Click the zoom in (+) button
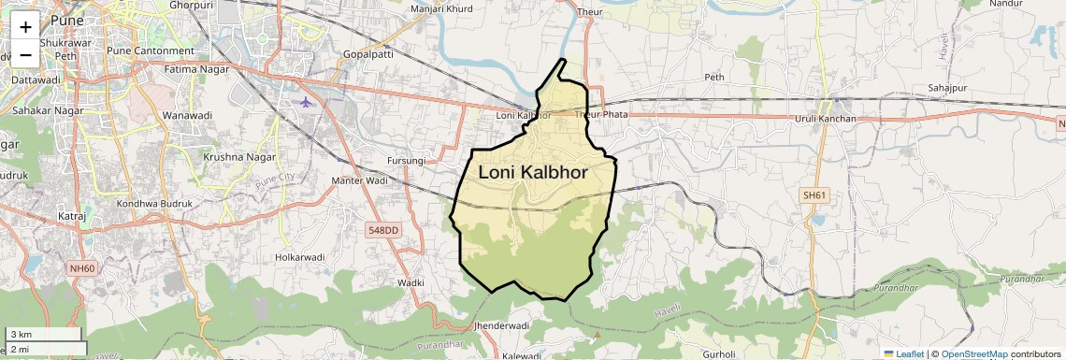tap(25, 27)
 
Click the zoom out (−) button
tap(25, 54)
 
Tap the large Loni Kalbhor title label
tap(533, 172)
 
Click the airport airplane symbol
tap(308, 101)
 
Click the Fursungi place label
tap(406, 161)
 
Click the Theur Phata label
tap(601, 115)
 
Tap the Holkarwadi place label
tap(299, 256)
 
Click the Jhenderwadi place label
tap(502, 325)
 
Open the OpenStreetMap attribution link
tap(974, 354)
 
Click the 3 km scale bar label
tap(21, 334)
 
